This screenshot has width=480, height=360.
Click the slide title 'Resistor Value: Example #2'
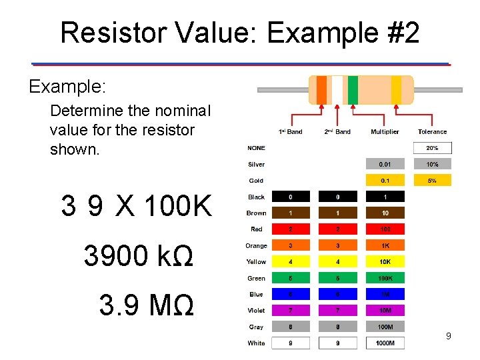tap(240, 32)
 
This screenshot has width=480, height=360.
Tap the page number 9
tap(449, 336)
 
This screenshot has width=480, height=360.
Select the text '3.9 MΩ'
tap(147, 305)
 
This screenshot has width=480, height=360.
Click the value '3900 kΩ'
tap(139, 255)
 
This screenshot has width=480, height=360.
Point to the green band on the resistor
tap(353, 90)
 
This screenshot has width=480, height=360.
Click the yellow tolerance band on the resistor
tap(396, 90)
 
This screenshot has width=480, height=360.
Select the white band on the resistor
tap(337, 90)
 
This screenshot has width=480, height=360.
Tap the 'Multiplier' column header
tap(385, 132)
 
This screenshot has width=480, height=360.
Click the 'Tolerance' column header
tap(432, 132)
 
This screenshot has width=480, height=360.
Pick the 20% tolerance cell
tap(432, 148)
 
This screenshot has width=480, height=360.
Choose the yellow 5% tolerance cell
tap(432, 180)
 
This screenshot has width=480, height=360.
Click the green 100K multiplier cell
tap(385, 278)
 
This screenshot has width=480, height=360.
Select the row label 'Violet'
tap(256, 311)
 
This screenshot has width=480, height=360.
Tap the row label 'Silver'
tap(256, 164)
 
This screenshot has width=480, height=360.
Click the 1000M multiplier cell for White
tap(385, 343)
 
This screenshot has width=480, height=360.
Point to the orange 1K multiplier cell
tap(385, 246)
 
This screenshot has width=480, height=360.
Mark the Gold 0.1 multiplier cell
tap(385, 180)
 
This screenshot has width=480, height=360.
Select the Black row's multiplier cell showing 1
tap(385, 197)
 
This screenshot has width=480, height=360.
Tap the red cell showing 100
tap(385, 229)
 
